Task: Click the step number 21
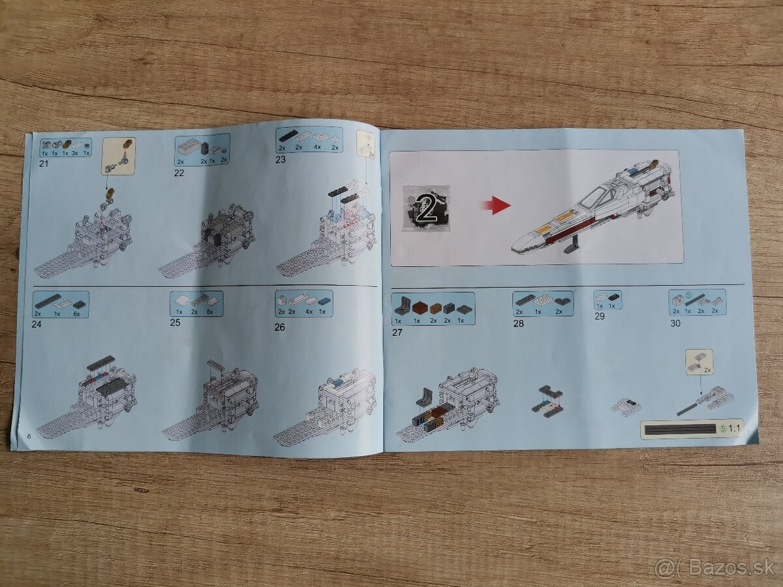[x=44, y=163]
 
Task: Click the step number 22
[x=179, y=173]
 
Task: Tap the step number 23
[x=281, y=158]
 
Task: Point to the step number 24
[x=38, y=322]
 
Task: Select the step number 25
[x=175, y=322]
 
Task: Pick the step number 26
[x=279, y=327]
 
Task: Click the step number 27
[x=397, y=332]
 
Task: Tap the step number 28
[x=519, y=324]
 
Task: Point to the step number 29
[x=599, y=316]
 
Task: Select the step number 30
[x=675, y=323]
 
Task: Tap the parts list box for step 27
[x=433, y=309]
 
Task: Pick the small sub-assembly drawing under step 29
[x=625, y=407]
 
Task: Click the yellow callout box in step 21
[x=118, y=155]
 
